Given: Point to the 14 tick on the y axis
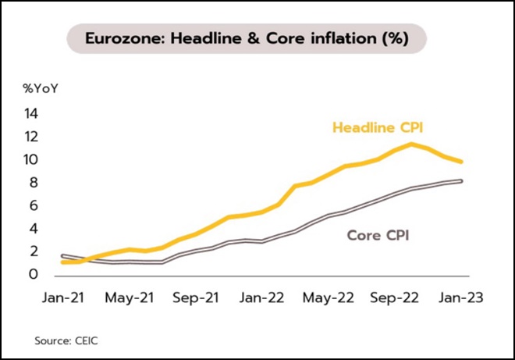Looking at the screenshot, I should click(32, 113).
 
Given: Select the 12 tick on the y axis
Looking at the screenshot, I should click(32, 137).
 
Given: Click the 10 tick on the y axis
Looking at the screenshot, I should click(32, 159).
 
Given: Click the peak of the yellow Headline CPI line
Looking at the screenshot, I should click(410, 144).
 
